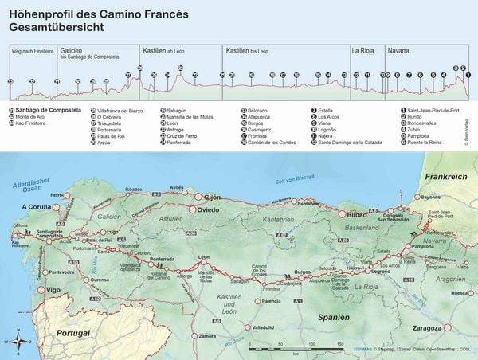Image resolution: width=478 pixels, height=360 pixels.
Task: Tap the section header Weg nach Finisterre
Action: (28, 49)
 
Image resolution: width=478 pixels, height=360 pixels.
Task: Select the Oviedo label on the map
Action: (208, 209)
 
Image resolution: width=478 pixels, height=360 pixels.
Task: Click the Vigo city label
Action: (53, 290)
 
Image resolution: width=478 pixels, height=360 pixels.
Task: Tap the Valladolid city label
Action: (262, 327)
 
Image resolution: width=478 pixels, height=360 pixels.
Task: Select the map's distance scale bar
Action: (295, 349)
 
